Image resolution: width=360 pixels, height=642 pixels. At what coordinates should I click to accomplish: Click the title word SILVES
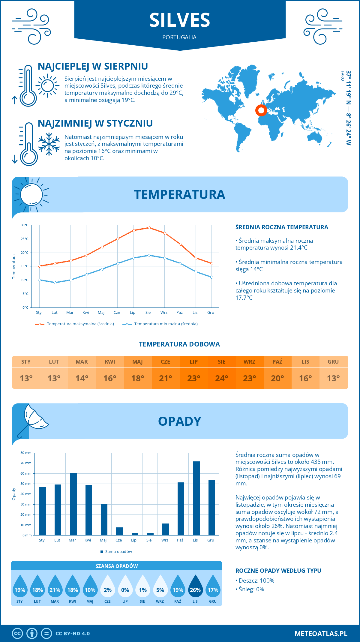pos(180,20)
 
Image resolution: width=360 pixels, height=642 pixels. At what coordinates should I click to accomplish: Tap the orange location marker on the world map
pos(261,110)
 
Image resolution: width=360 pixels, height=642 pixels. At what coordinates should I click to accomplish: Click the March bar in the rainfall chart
pos(73,504)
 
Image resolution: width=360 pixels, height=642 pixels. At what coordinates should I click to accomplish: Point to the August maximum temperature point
pos(149,228)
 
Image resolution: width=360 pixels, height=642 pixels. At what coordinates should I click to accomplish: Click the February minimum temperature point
pos(55,283)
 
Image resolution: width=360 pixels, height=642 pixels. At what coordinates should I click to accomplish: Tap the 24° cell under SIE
pos(222,378)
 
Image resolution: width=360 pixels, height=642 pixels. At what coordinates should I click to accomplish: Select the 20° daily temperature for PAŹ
pos(277,378)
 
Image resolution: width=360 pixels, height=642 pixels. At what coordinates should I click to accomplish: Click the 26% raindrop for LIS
pos(195,587)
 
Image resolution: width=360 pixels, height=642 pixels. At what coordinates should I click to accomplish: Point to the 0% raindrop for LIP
pos(125,587)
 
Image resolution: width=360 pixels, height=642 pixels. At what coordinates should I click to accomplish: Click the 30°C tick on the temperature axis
pos(25,225)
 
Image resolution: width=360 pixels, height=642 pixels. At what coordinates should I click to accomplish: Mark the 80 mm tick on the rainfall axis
pos(26,453)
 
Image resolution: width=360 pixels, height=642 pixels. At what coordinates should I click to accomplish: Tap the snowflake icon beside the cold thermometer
pos(49,144)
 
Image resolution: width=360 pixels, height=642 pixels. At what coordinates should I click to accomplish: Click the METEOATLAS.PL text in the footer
pos(321,633)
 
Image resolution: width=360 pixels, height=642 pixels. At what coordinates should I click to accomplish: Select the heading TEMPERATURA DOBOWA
pos(179,344)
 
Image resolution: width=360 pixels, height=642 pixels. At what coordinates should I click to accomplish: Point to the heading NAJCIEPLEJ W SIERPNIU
pos(93,66)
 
